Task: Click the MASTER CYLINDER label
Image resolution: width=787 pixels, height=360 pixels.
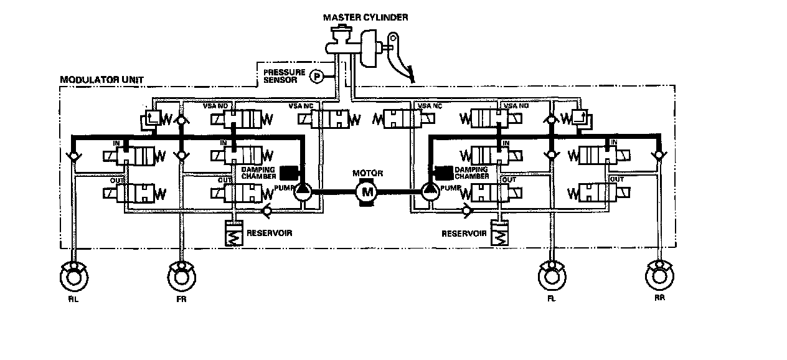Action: click(x=365, y=17)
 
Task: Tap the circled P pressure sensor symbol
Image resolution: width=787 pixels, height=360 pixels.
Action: click(x=317, y=76)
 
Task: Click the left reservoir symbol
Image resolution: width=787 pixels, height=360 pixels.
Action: click(x=235, y=233)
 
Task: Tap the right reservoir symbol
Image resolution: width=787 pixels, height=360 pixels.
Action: click(x=499, y=234)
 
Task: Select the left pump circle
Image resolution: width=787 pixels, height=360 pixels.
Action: click(x=304, y=191)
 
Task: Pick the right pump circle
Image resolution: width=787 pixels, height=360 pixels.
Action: click(x=429, y=191)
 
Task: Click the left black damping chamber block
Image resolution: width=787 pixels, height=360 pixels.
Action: click(x=288, y=173)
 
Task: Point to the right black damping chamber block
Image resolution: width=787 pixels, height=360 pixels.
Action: click(x=444, y=172)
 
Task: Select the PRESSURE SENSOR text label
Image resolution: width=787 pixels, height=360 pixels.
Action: click(x=284, y=76)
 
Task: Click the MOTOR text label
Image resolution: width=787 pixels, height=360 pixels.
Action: click(x=367, y=173)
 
